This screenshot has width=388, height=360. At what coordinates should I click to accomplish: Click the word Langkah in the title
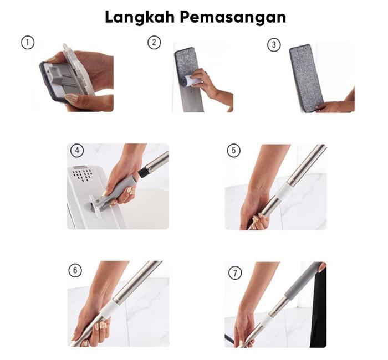tap(140, 18)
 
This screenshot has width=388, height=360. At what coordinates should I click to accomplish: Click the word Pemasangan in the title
tap(233, 18)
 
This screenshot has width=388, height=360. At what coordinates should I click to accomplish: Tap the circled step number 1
tap(28, 43)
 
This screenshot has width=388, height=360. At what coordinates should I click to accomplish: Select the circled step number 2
tap(154, 42)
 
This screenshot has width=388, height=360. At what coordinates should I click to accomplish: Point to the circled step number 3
tap(274, 45)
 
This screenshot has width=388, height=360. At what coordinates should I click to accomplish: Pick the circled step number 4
tap(77, 150)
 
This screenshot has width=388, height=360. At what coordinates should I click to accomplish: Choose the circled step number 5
tap(233, 150)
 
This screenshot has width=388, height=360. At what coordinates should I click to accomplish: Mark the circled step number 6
tap(75, 270)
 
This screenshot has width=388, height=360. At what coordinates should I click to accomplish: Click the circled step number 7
tap(235, 273)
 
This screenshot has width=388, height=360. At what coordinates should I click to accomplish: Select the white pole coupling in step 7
tap(267, 319)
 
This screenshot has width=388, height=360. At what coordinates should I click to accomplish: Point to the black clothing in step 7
tap(318, 307)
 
